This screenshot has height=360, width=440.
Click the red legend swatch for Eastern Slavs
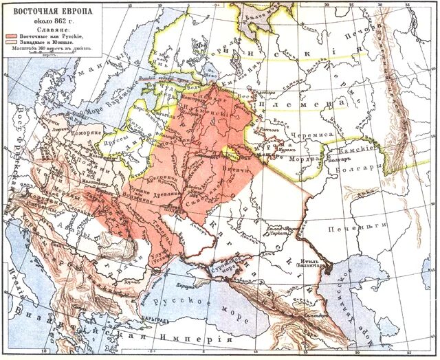point(14,35)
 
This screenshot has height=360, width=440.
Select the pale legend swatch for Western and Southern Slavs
point(14,42)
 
